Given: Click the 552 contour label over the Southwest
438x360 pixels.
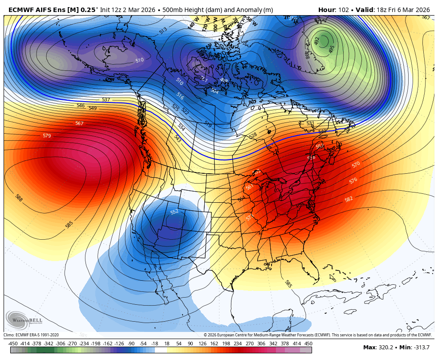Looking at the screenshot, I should coord(174,212).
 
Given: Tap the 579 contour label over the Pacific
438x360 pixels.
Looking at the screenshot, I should coord(47,135).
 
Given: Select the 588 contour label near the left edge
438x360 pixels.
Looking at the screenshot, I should coord(19,197).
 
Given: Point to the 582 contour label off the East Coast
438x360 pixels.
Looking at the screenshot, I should coord(349,199).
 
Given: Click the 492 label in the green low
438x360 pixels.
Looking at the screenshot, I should coord(316,41).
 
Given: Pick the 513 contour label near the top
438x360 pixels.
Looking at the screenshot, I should coord(163,30).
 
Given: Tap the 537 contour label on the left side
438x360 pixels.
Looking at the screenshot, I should coord(106,100).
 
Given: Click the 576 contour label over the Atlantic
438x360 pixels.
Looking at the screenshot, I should coord(353,180).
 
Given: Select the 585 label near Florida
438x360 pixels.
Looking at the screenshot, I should coord(288,284).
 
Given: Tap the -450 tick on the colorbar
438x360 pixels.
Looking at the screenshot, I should coord(13,344).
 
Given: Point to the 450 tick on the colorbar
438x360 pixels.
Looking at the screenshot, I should coord(308,344).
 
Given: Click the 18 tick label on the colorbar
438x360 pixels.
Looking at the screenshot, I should coord(167,344).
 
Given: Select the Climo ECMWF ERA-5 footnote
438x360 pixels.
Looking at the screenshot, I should coord(31,335).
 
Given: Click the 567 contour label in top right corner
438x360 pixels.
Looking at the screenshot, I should coord(426,17).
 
